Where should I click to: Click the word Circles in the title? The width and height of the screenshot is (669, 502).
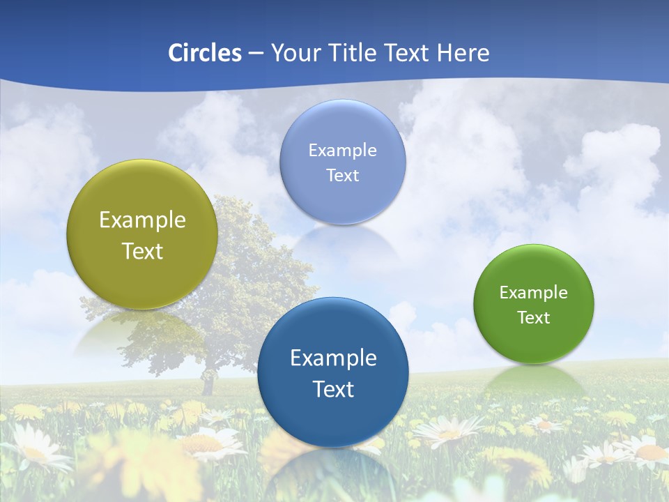pyautogui.click(x=204, y=53)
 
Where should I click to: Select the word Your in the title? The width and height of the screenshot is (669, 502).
pyautogui.click(x=293, y=53)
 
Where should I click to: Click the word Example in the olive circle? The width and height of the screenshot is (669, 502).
pyautogui.click(x=142, y=220)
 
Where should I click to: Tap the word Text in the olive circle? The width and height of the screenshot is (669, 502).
pyautogui.click(x=142, y=251)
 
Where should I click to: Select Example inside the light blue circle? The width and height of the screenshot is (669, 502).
pyautogui.click(x=342, y=151)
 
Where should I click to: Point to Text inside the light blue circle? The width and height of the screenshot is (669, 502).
pyautogui.click(x=342, y=176)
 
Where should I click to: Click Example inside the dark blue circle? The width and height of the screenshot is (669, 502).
pyautogui.click(x=333, y=358)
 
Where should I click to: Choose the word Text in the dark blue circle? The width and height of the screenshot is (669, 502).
pyautogui.click(x=333, y=389)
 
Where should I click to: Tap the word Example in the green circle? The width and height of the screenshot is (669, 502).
pyautogui.click(x=533, y=293)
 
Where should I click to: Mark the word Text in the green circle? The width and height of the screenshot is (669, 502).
pyautogui.click(x=533, y=318)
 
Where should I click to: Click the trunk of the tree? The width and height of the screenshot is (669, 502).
pyautogui.click(x=207, y=383)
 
